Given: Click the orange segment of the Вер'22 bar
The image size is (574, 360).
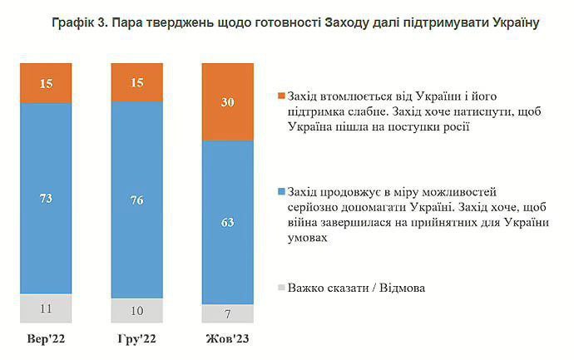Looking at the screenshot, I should click(47, 82).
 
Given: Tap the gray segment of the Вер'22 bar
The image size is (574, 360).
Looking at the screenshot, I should click(47, 308).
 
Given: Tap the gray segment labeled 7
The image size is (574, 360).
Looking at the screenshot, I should click(227, 313).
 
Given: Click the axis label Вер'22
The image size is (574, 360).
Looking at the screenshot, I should click(47, 340).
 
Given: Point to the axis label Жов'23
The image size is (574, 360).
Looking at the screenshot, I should click(227, 340).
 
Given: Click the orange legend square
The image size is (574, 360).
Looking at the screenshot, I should click(280, 96).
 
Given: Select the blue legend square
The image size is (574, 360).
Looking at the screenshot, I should click(280, 192).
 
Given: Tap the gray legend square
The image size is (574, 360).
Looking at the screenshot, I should click(280, 288).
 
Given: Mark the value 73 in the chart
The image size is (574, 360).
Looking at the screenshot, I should click(47, 198).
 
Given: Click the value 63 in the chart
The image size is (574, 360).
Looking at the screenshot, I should click(227, 222).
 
